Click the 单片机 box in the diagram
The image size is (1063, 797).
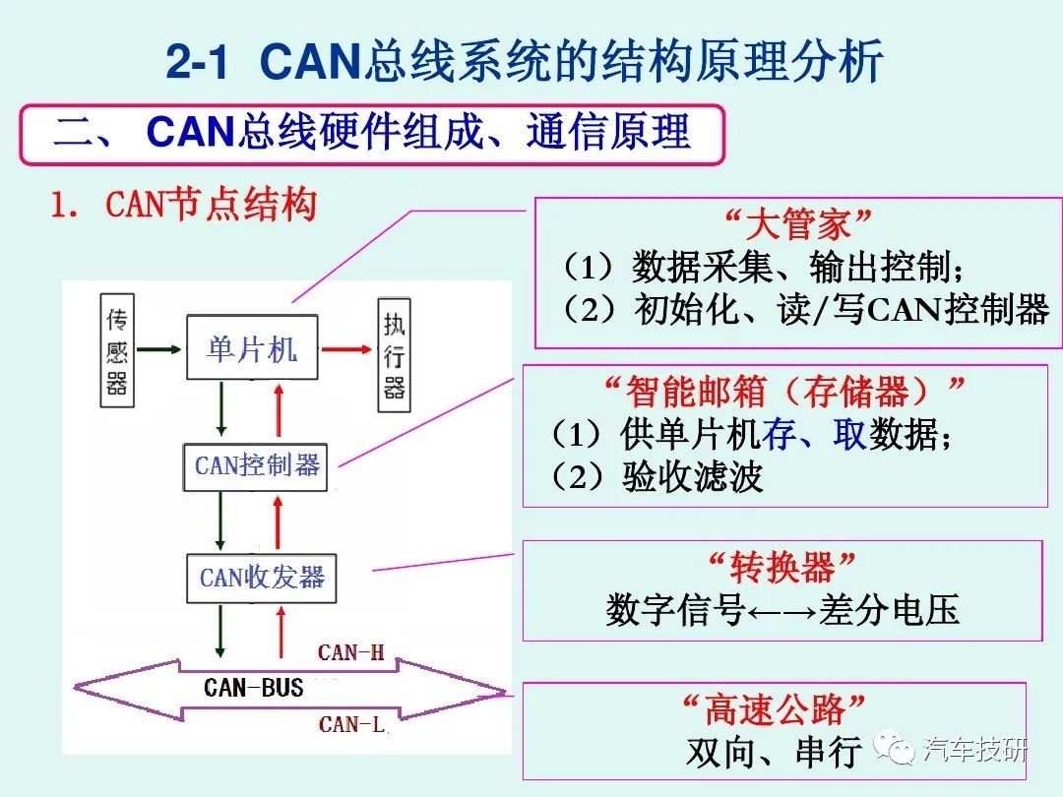click(x=252, y=347)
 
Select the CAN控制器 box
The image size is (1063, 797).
click(x=257, y=465)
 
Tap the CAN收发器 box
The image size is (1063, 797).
click(x=261, y=578)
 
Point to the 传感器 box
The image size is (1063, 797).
click(x=117, y=348)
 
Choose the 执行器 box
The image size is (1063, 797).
click(x=394, y=348)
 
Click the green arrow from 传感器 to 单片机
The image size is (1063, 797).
click(x=160, y=347)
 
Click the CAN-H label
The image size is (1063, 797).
click(x=351, y=652)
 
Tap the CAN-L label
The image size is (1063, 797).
click(x=351, y=725)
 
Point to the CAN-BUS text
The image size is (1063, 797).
click(x=254, y=687)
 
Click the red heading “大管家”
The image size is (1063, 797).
click(x=798, y=224)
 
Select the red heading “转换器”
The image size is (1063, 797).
click(x=782, y=568)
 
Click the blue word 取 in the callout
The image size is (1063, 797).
click(x=849, y=434)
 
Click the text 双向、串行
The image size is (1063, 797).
click(x=774, y=753)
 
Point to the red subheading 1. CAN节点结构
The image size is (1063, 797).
click(x=184, y=206)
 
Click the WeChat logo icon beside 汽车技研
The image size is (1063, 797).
click(x=901, y=752)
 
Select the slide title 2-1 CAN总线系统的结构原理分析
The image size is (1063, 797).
click(x=525, y=63)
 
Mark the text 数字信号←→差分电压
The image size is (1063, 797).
click(x=782, y=611)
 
